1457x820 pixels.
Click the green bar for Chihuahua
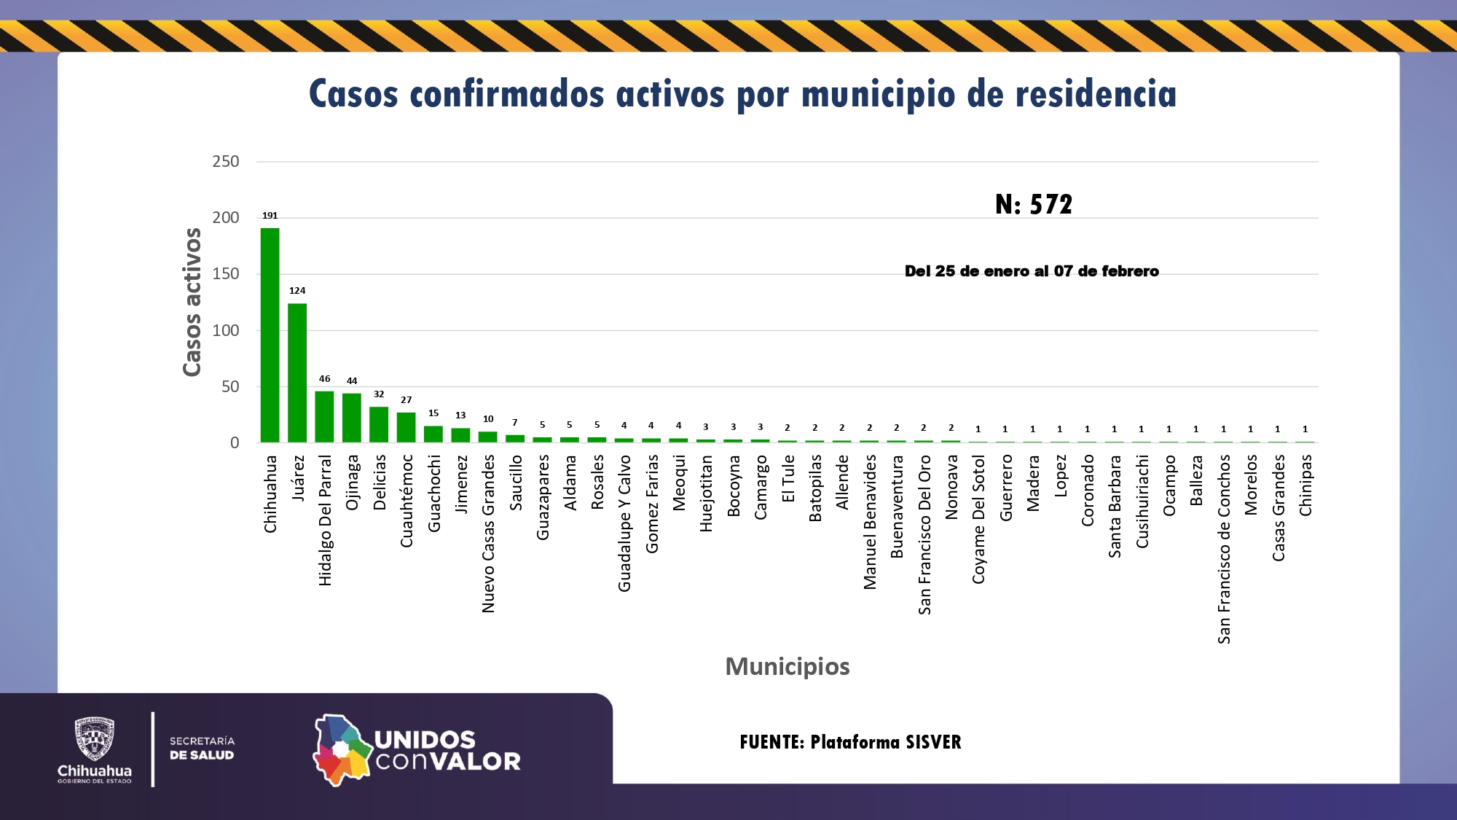point(270,335)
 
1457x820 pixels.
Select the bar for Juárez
point(297,372)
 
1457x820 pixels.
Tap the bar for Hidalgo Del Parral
point(324,416)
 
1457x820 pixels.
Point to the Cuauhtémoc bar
point(406,427)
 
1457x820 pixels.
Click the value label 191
point(270,216)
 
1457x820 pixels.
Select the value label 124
point(297,291)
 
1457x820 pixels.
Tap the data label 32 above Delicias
point(379,394)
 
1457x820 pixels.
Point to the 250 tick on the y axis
point(226,161)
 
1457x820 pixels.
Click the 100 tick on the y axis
point(226,330)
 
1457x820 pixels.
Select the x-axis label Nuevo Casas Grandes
point(488,534)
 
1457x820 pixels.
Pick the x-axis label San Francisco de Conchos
point(1224,549)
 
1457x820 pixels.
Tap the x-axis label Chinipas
point(1305,485)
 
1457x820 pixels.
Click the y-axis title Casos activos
point(192,302)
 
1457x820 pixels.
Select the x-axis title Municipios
point(788,666)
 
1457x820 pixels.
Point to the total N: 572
point(1034,204)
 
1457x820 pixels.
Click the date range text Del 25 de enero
point(1032,271)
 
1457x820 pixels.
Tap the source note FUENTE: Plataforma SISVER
point(850,742)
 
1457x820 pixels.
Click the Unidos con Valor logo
point(417,749)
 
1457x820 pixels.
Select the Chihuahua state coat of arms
point(95,739)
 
